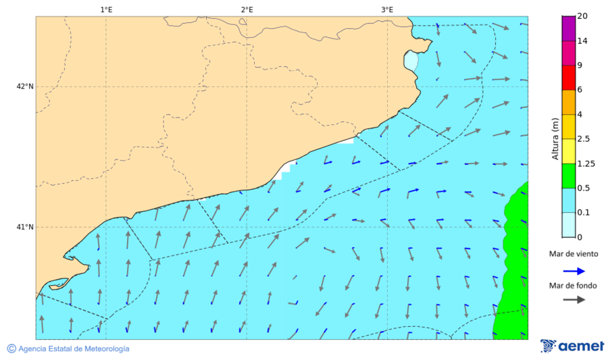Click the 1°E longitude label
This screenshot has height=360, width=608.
106,9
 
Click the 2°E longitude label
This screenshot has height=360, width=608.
247,9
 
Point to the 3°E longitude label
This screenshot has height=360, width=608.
387,9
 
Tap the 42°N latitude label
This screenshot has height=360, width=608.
25,86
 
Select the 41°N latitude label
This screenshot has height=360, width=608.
25,227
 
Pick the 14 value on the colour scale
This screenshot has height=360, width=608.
582,41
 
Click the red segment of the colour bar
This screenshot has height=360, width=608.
568,78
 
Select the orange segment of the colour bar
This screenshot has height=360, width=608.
568,102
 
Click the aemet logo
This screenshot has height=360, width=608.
572,345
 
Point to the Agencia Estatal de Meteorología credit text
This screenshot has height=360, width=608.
74,349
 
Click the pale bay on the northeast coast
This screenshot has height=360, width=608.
411,61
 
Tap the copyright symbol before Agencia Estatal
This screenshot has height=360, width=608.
11,349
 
